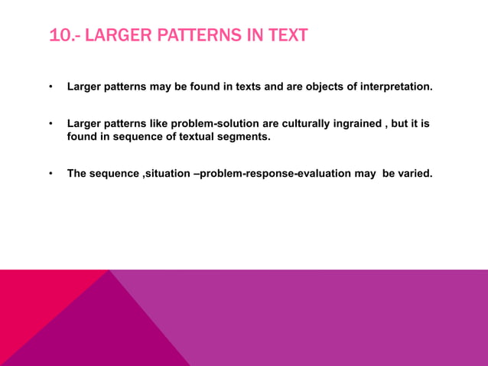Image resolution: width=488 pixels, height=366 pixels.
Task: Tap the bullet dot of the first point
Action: [x=50, y=87]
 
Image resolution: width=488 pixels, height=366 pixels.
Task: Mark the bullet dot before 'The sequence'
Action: [x=50, y=173]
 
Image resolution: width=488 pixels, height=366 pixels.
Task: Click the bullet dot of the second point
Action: [x=50, y=124]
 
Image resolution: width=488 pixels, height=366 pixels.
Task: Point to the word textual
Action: [x=197, y=137]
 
